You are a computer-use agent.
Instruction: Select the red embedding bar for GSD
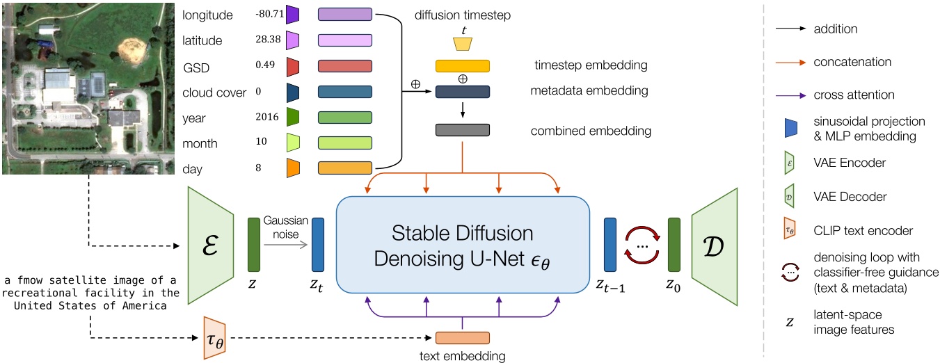click(x=345, y=66)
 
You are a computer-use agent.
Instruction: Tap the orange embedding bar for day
click(x=345, y=168)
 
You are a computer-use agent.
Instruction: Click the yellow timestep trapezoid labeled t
click(x=463, y=44)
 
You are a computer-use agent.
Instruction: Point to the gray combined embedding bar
click(x=463, y=130)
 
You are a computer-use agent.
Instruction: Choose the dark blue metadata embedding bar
click(x=463, y=92)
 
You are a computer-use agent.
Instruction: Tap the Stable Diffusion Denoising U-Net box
click(x=463, y=245)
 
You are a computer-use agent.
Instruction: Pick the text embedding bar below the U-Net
click(x=463, y=338)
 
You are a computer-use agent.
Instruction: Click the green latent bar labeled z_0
click(x=674, y=244)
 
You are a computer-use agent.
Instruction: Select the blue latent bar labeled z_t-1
click(x=610, y=244)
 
